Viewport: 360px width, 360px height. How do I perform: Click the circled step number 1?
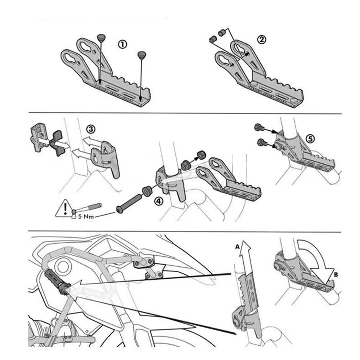[122, 44]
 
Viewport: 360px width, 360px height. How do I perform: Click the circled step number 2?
[261, 40]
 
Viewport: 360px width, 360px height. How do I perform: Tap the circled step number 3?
[91, 129]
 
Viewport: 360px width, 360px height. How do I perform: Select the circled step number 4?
[158, 201]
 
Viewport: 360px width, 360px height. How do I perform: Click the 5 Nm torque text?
[86, 216]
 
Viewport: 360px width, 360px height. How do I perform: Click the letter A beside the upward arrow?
[237, 247]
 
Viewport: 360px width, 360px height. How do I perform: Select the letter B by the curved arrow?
[336, 274]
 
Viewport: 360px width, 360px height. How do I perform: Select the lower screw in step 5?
[261, 142]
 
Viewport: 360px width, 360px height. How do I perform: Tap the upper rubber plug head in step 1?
[101, 37]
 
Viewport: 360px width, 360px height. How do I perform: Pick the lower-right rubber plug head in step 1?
[142, 55]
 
